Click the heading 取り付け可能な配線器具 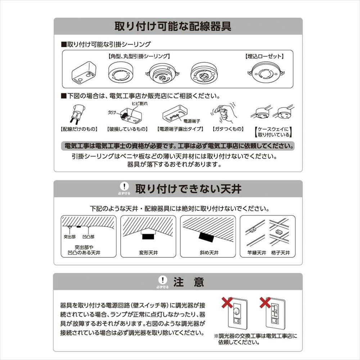tap(173, 26)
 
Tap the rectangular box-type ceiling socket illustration tap(84, 73)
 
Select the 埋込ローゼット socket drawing tap(266, 73)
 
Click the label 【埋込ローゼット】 tap(264, 56)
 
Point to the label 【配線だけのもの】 tap(79, 129)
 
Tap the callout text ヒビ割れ tap(140, 104)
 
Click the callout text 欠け tap(112, 112)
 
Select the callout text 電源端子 tap(192, 121)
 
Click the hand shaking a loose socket tap(225, 113)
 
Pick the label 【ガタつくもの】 tap(228, 129)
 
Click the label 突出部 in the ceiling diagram tap(69, 237)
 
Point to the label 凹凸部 tap(89, 237)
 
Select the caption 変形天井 tap(148, 253)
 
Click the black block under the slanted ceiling tap(207, 237)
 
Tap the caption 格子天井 tap(280, 253)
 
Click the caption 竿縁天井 tap(257, 253)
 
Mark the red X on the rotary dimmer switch tap(227, 303)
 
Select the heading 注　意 tap(189, 282)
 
